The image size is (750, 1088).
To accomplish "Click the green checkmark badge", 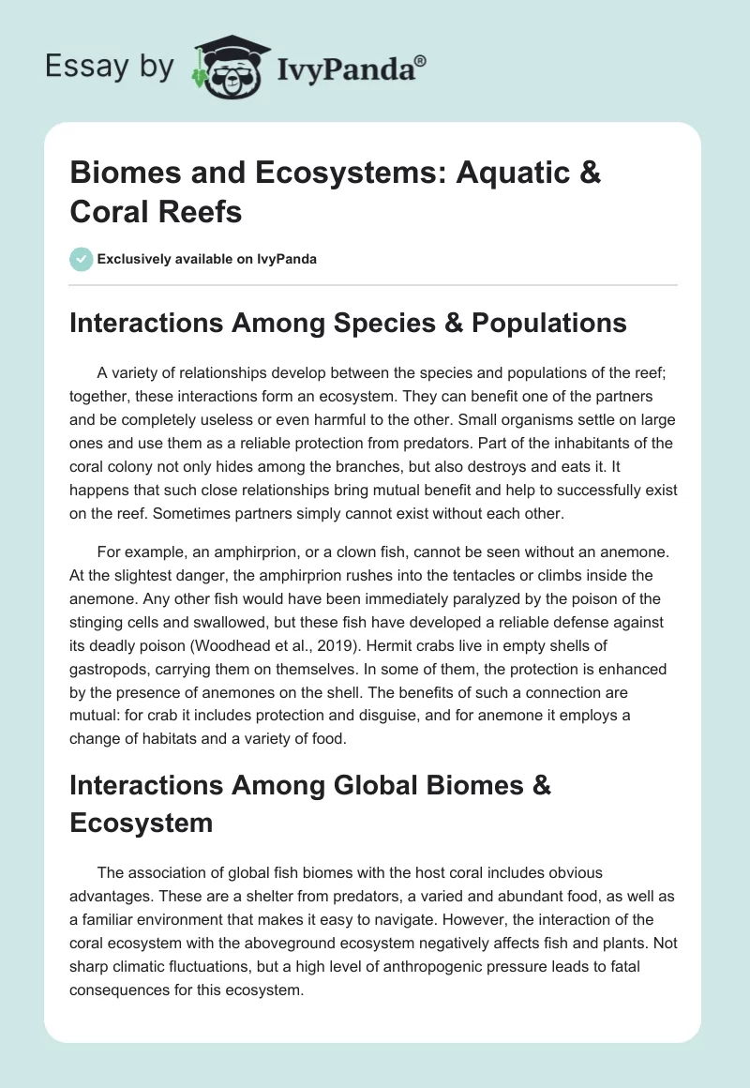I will [82, 259].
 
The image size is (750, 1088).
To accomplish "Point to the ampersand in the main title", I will [589, 173].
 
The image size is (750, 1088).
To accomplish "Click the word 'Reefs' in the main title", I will [201, 212].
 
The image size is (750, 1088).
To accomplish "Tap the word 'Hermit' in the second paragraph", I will [413, 647].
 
